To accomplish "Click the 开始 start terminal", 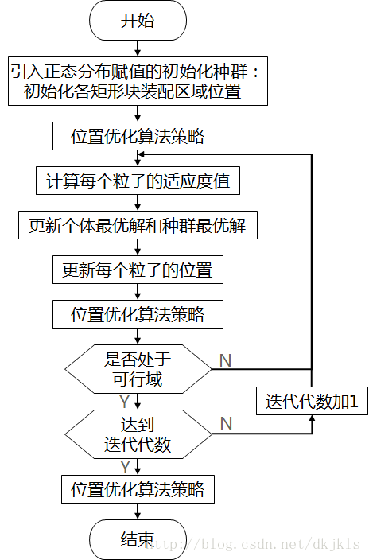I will click(x=138, y=21).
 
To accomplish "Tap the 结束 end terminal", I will click(x=138, y=540).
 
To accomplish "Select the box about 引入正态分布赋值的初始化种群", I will click(x=138, y=82).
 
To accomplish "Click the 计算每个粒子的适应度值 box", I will click(x=138, y=181).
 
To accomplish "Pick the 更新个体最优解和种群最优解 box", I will click(x=138, y=226).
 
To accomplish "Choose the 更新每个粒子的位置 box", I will click(x=138, y=270).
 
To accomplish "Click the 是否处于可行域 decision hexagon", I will click(x=138, y=369).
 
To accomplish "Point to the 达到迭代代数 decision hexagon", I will click(x=138, y=434).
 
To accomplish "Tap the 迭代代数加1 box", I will click(x=312, y=402).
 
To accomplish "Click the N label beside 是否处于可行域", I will click(x=225, y=360).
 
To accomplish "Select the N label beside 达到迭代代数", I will click(x=225, y=424).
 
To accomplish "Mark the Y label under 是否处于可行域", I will click(x=125, y=401).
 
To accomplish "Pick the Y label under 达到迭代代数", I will click(x=125, y=466).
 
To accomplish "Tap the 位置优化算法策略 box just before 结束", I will click(x=138, y=488).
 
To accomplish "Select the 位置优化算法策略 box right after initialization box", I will click(x=138, y=136).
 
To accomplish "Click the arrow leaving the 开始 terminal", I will click(x=138, y=48).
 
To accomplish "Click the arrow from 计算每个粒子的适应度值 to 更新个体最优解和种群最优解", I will click(x=138, y=203).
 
